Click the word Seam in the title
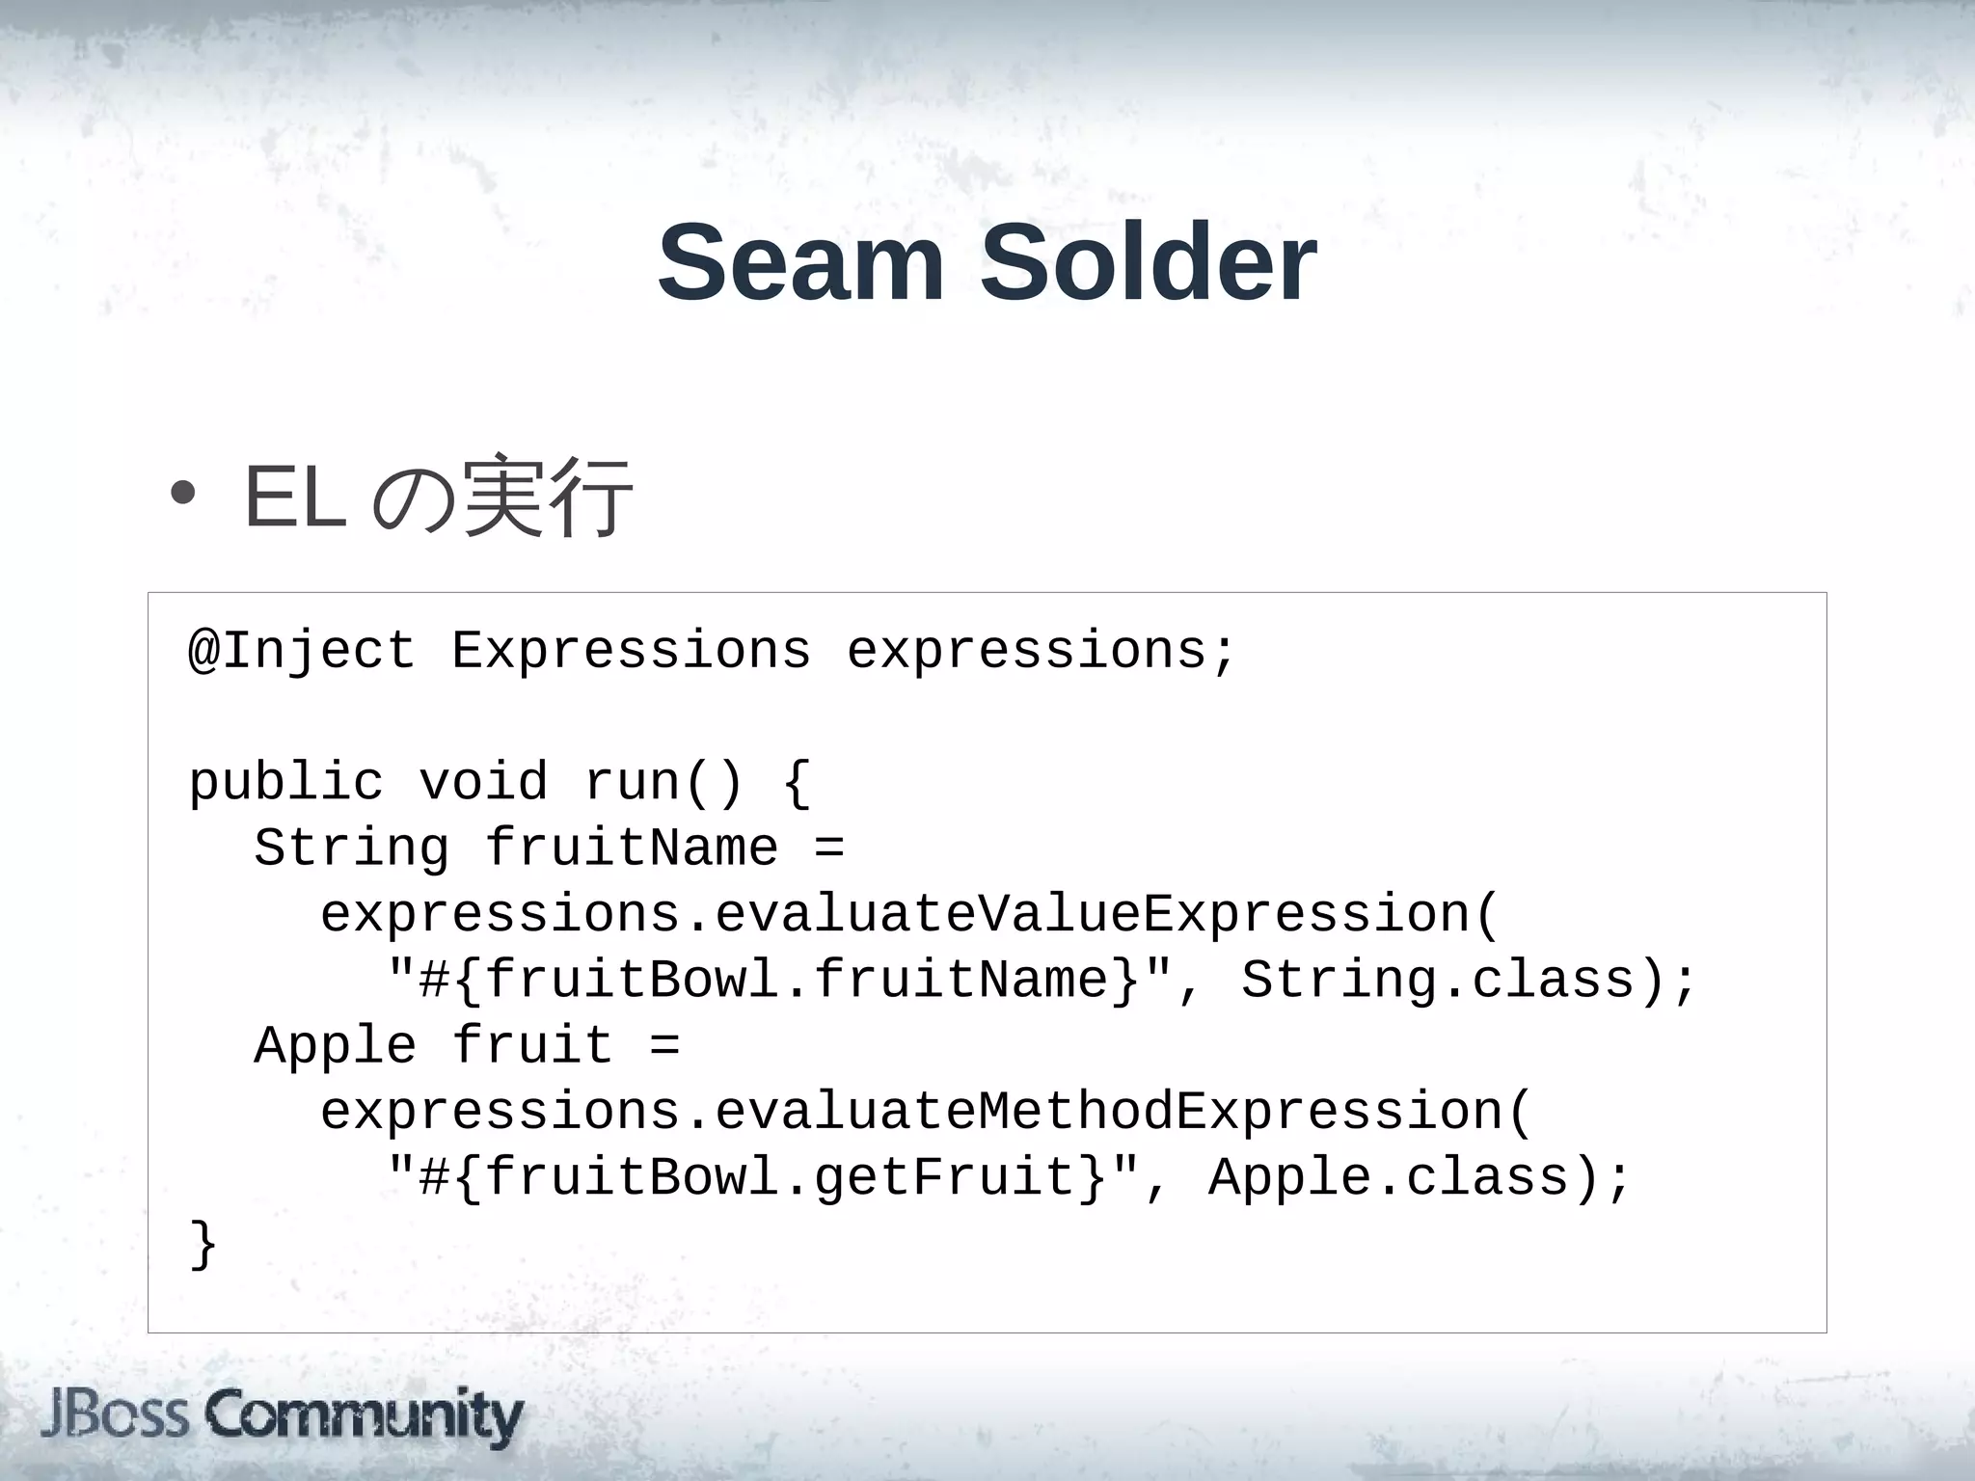[800, 263]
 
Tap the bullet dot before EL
[181, 495]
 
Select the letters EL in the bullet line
[295, 498]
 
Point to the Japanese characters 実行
[548, 498]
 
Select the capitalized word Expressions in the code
[631, 650]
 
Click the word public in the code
[285, 782]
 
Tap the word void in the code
[482, 782]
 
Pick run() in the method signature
[663, 782]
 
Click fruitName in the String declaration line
[631, 848]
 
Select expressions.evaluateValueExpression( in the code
[909, 914]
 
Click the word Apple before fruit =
[335, 1046]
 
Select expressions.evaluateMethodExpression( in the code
[926, 1112]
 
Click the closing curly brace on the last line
[203, 1245]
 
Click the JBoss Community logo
[282, 1417]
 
